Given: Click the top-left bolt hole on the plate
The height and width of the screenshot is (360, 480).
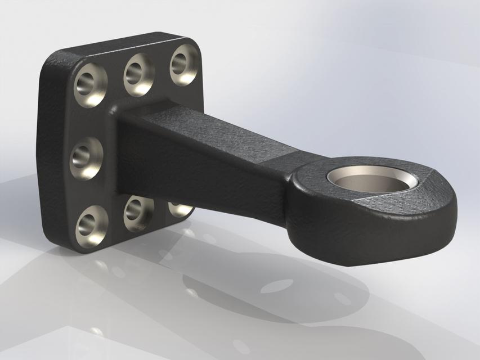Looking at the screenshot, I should pos(90,85).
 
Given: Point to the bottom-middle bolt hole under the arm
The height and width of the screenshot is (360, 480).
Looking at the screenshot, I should pos(137,211).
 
